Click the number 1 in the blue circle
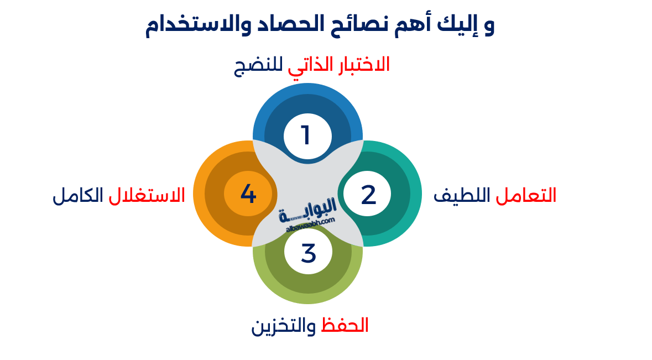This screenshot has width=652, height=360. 306,135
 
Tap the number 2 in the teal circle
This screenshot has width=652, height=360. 368,195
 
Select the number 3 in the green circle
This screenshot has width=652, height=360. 308,253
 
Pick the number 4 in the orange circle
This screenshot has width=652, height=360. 248,194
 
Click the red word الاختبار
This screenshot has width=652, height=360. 360,65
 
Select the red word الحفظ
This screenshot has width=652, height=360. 345,325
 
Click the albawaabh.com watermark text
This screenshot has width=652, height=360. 311,223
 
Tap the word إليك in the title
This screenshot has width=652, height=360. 455,26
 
